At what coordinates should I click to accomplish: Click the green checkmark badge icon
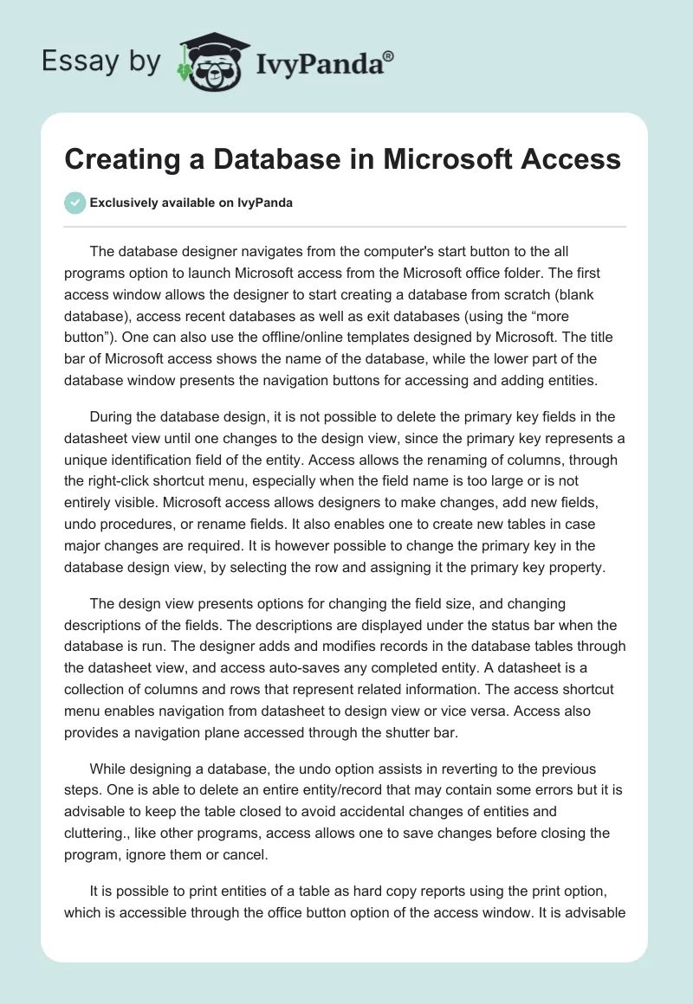click(75, 203)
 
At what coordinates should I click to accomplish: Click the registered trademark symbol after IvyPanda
click(389, 55)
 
